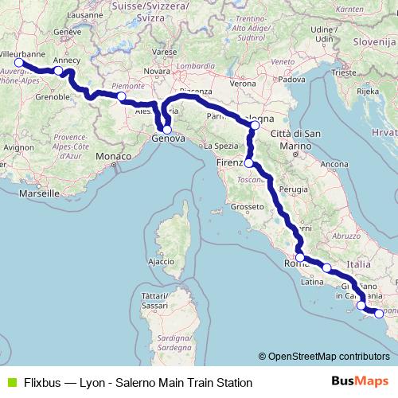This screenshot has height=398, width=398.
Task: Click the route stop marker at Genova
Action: pyautogui.click(x=167, y=129)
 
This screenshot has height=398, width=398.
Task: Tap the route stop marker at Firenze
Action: pyautogui.click(x=249, y=162)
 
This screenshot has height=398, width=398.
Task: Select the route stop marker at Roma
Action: pyautogui.click(x=299, y=257)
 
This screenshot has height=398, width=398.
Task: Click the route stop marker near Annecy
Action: pyautogui.click(x=58, y=71)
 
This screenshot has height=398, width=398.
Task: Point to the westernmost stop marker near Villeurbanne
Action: pyautogui.click(x=18, y=62)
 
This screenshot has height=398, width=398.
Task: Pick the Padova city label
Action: pyautogui.click(x=293, y=80)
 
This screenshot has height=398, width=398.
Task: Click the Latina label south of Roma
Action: pyautogui.click(x=310, y=281)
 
